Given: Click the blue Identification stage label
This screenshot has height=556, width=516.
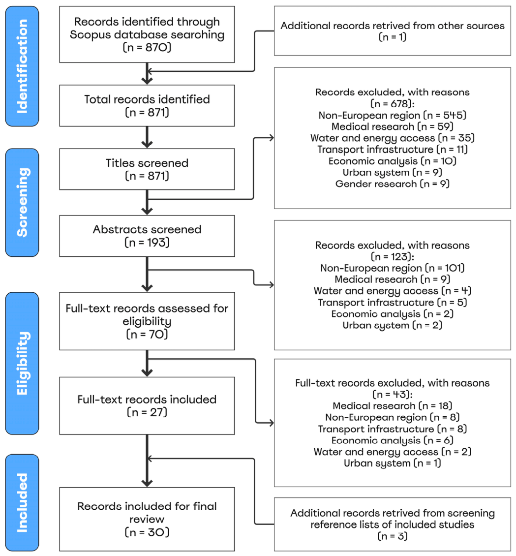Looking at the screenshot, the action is (x=22, y=66).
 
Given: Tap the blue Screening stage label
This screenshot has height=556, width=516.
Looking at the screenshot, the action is (x=22, y=202).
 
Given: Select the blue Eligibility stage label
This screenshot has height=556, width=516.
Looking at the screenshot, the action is (x=22, y=363).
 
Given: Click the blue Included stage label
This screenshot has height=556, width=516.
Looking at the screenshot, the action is (x=22, y=502).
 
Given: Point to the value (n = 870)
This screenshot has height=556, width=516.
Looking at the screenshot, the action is (x=147, y=47).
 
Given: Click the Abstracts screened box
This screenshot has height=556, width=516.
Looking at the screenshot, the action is (x=147, y=236).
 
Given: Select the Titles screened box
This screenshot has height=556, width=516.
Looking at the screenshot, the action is (x=147, y=169).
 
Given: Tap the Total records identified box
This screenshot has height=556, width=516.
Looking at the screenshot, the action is (x=147, y=106).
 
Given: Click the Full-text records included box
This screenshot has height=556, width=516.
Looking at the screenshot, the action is (x=147, y=405).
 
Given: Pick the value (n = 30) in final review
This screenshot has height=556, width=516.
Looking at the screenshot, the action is (x=147, y=532).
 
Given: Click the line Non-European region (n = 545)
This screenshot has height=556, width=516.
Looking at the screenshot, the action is (x=393, y=115).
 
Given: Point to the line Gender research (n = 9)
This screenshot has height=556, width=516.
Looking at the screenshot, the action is (x=393, y=184).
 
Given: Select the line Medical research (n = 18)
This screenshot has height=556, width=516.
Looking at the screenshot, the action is (x=393, y=405).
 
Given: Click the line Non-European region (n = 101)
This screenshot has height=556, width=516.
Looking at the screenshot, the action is (x=393, y=268).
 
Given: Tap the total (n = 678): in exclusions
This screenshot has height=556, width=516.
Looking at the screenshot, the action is (x=393, y=103).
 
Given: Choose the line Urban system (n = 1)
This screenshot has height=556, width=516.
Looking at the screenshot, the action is (x=393, y=463).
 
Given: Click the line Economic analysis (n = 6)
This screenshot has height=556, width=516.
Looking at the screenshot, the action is (x=393, y=440).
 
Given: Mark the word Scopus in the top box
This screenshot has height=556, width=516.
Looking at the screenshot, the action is (x=92, y=35).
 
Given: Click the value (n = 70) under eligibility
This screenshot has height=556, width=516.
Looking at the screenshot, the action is (x=147, y=334).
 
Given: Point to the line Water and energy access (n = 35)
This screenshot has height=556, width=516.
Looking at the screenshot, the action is (x=393, y=138).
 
